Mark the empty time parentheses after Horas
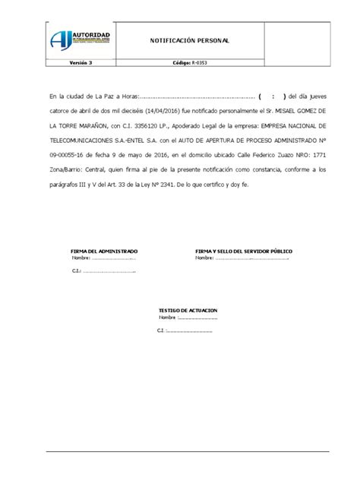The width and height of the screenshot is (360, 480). click(271, 97)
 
